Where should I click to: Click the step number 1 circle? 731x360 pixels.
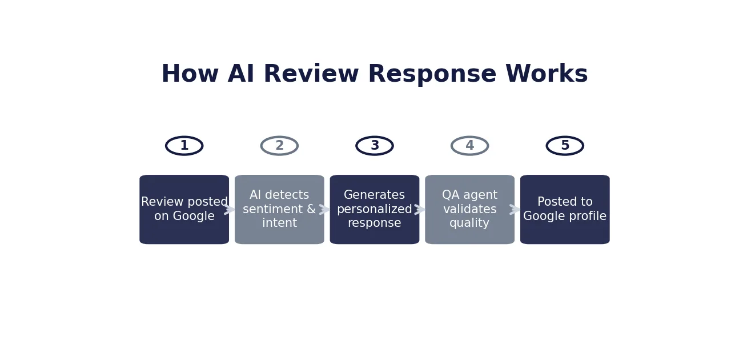click(x=184, y=146)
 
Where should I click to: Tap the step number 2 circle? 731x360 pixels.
click(x=279, y=146)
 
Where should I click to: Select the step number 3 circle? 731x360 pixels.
click(x=375, y=146)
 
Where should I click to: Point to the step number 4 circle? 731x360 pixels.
click(x=469, y=146)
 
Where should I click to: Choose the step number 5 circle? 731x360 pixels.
click(x=565, y=146)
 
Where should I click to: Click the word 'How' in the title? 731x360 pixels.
click(x=190, y=74)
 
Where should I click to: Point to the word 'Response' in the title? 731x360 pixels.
click(x=432, y=74)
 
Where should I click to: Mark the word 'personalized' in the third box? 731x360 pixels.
click(x=375, y=210)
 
